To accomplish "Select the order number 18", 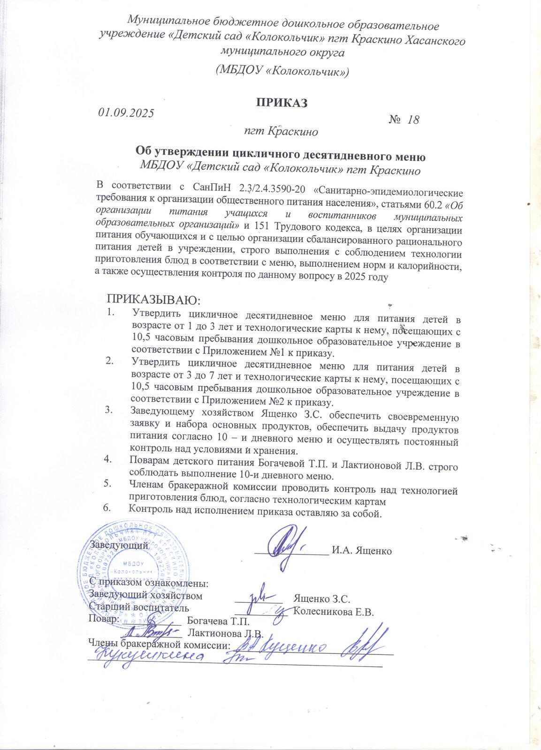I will (413, 120).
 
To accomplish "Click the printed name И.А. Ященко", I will (361, 551).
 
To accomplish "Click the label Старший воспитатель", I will (139, 608).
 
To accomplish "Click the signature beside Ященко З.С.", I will (259, 596).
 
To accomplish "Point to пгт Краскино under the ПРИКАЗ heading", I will (281, 132).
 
